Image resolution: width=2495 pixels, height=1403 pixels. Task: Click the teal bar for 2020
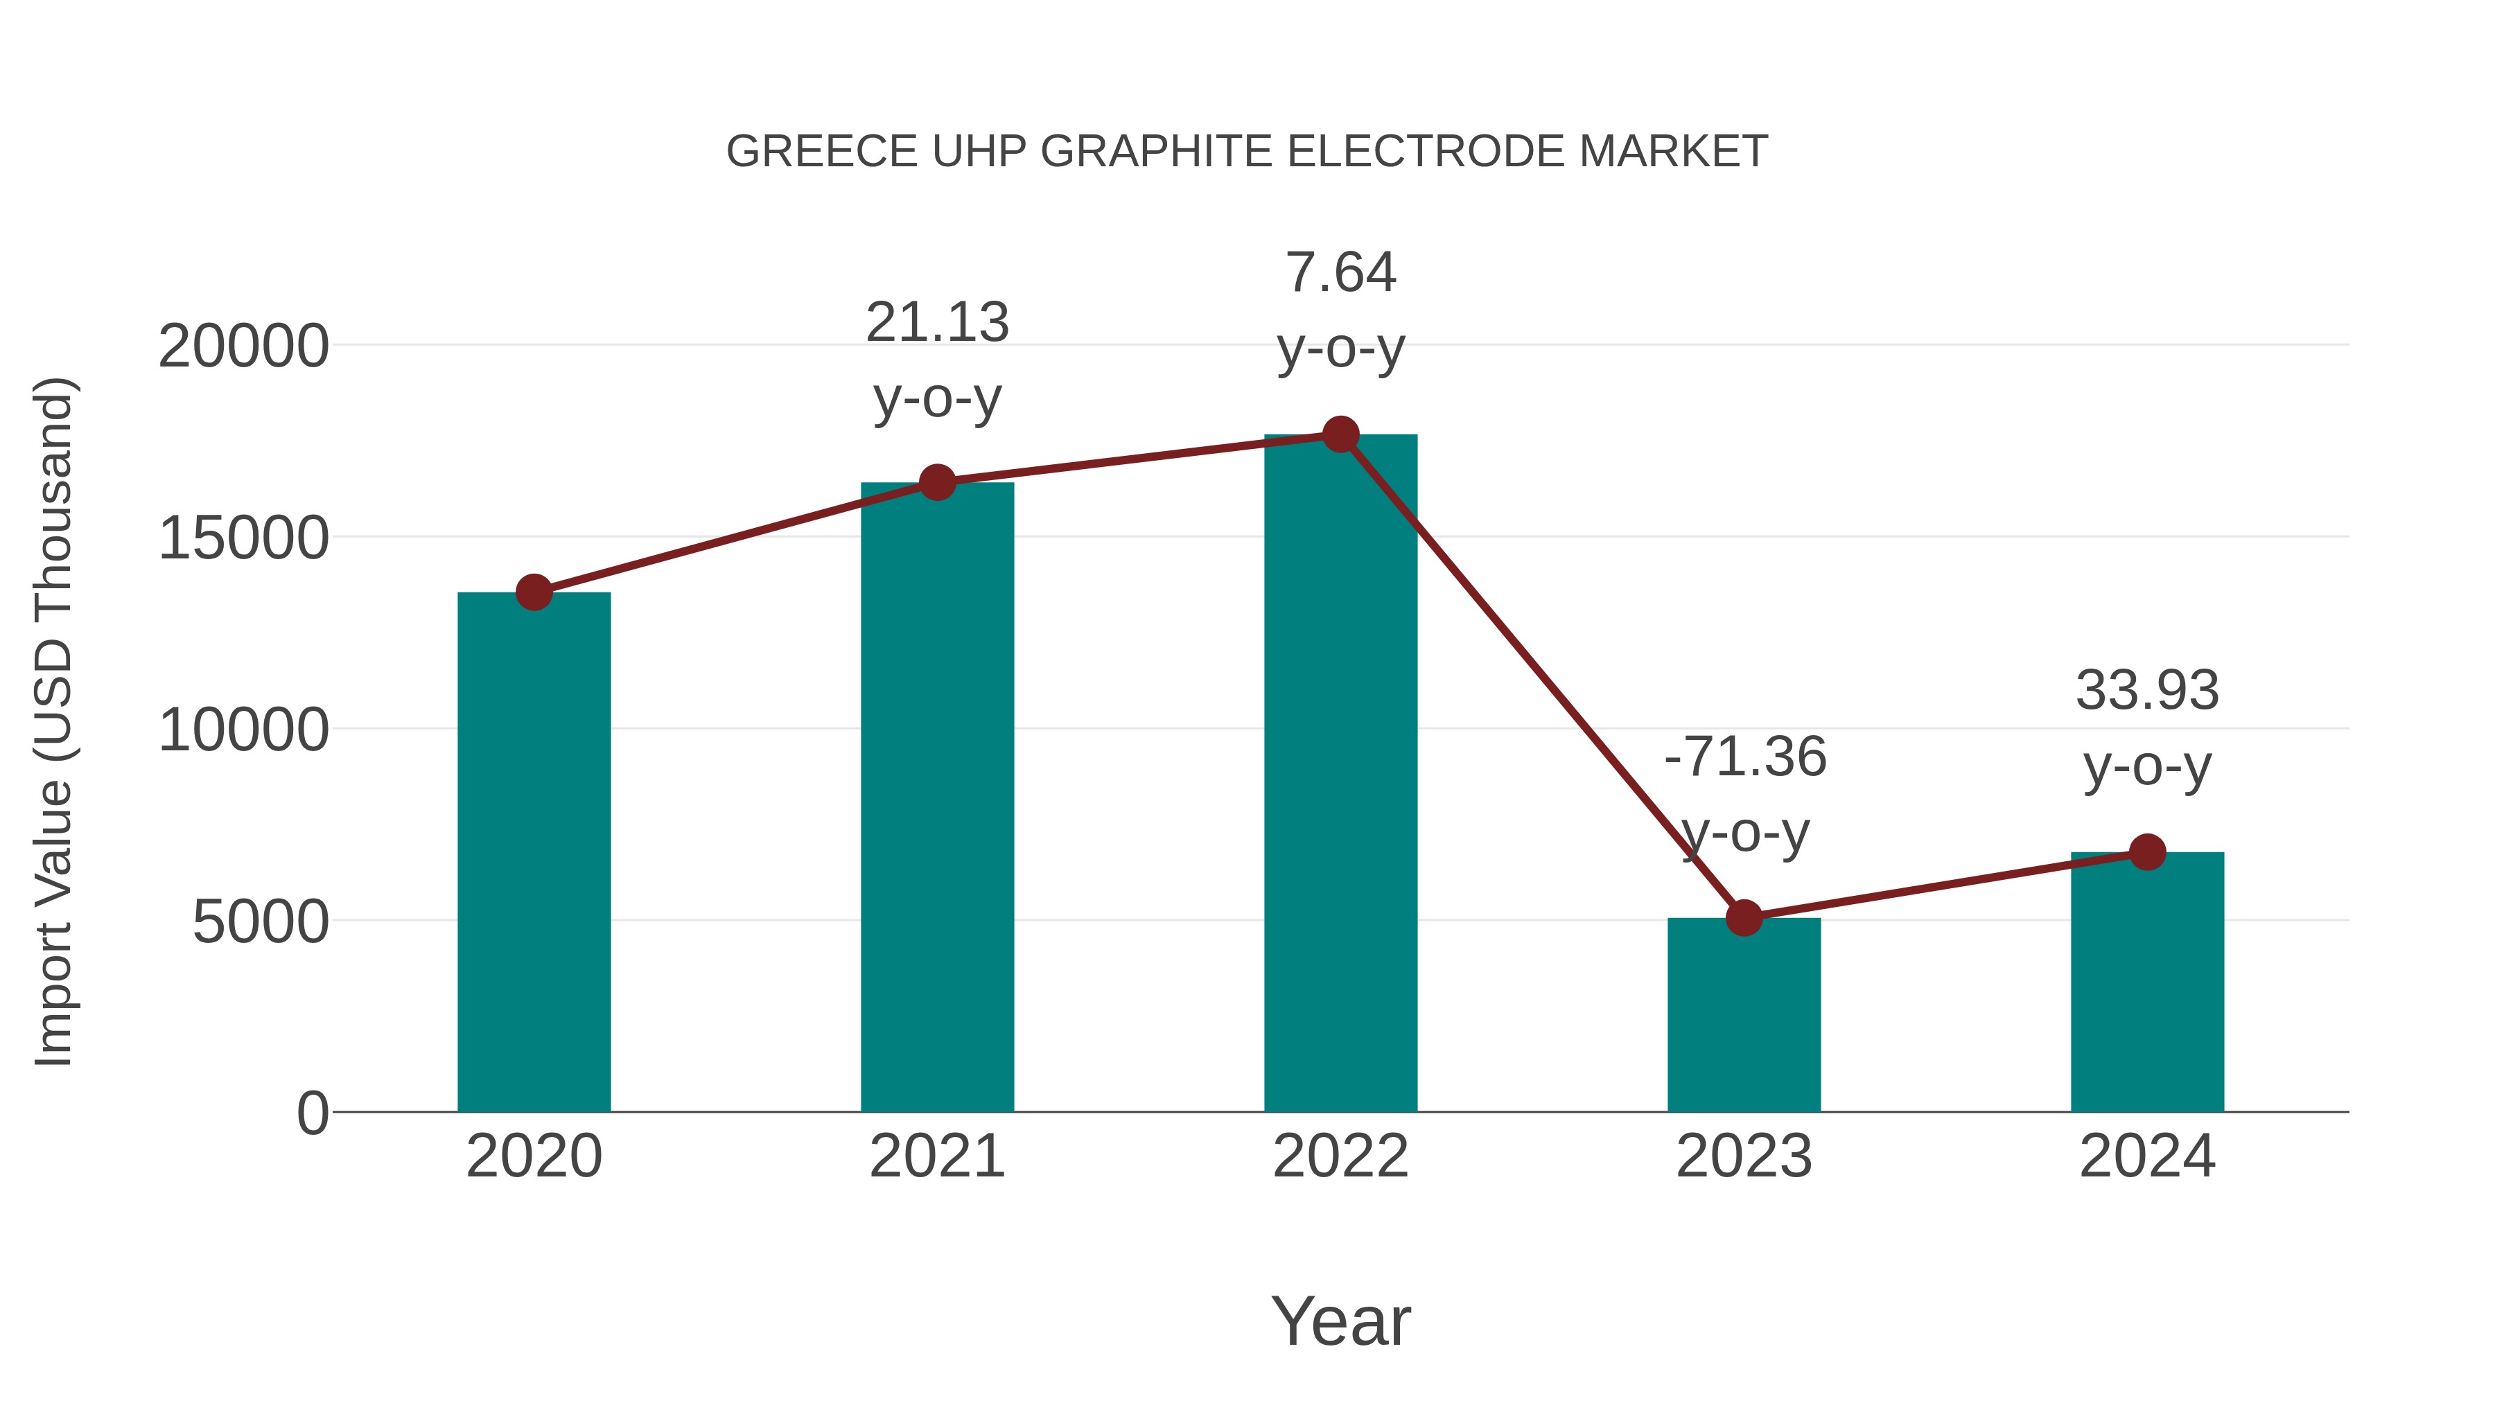(534, 852)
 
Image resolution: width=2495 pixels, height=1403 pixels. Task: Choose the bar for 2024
(2147, 982)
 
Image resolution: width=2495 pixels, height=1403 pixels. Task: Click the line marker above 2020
(534, 592)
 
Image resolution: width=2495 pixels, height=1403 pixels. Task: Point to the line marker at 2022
(1340, 434)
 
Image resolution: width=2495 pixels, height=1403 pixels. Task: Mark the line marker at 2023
(1744, 918)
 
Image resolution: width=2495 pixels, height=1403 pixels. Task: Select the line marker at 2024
(2147, 852)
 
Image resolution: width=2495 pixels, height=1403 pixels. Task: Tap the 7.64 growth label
(1340, 273)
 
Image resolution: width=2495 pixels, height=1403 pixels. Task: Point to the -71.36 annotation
(1744, 757)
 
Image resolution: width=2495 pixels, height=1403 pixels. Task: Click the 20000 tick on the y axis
(243, 346)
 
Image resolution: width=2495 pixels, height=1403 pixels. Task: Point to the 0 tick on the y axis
(312, 1113)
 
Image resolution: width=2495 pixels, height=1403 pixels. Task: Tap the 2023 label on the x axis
(1744, 1156)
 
